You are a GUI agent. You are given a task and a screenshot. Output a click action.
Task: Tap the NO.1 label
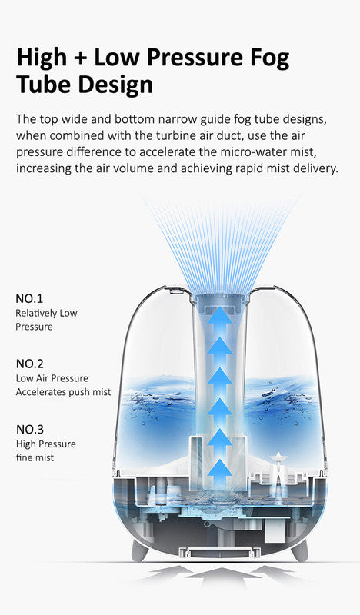[29, 298]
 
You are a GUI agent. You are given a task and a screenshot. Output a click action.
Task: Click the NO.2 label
[29, 363]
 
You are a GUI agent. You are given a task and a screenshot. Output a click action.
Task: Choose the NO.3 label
[29, 428]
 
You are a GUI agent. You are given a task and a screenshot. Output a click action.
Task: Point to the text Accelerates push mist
[63, 392]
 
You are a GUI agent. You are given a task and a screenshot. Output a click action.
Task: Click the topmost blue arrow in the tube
[220, 317]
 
